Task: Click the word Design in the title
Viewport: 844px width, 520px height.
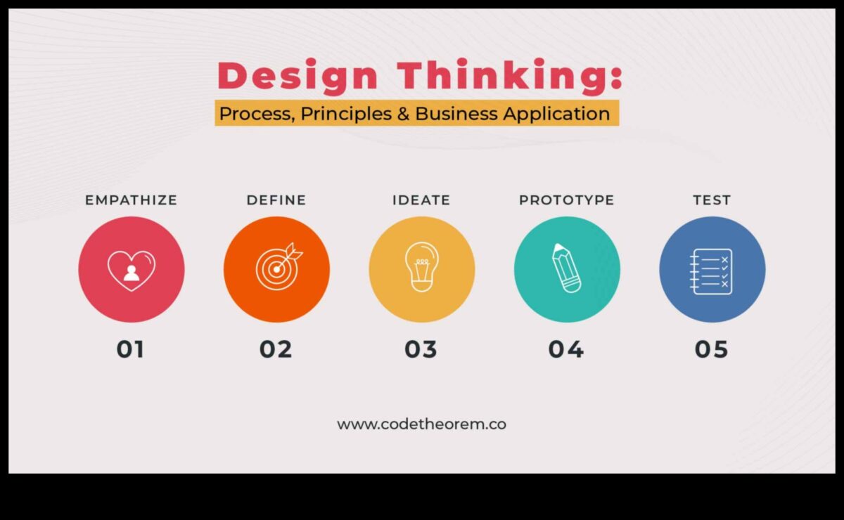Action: point(299,76)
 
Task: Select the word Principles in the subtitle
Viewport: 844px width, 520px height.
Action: point(345,113)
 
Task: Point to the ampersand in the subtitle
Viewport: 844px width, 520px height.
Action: point(403,113)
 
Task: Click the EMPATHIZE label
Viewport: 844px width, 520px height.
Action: point(131,200)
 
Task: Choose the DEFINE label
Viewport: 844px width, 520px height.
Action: point(276,200)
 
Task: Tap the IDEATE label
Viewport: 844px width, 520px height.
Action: point(421,200)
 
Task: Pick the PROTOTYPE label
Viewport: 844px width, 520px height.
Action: point(567,200)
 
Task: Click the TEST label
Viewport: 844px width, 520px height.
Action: point(712,200)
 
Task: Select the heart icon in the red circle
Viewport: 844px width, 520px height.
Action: point(132,270)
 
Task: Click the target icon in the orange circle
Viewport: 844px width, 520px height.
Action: point(277,268)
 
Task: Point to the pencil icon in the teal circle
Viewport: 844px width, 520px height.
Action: point(567,268)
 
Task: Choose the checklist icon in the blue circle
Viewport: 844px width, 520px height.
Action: point(712,271)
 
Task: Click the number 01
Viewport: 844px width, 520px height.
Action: point(131,349)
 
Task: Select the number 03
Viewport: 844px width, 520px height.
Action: point(421,349)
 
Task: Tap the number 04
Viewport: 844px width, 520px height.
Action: point(566,349)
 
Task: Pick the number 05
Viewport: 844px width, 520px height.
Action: point(712,349)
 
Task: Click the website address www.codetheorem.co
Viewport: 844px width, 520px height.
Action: point(422,424)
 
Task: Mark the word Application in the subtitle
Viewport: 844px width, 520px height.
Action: point(557,113)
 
